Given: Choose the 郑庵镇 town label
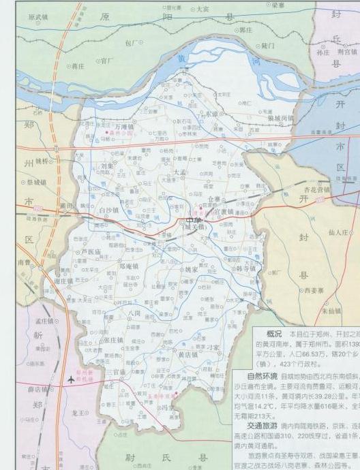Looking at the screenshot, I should [130, 266].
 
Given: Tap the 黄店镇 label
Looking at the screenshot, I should [187, 355].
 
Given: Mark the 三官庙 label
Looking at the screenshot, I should [117, 373].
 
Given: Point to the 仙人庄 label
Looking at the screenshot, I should [339, 232].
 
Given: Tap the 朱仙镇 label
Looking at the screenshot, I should [331, 311].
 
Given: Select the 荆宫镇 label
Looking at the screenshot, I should [347, 51].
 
